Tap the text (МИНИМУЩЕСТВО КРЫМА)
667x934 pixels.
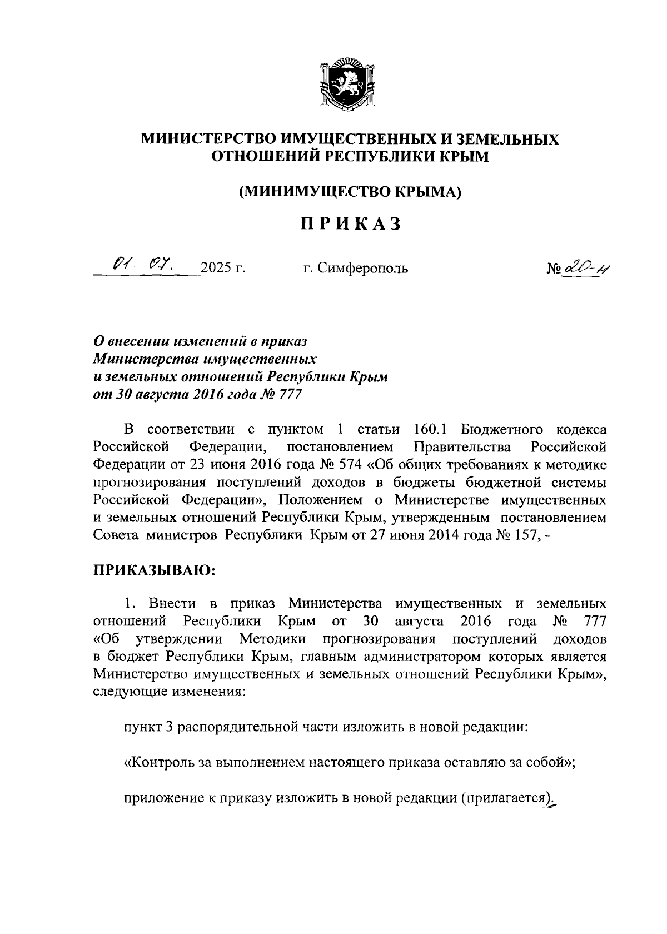(350, 191)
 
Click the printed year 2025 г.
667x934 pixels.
(223, 269)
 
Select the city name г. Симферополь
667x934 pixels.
(356, 269)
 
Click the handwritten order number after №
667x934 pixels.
(583, 269)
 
